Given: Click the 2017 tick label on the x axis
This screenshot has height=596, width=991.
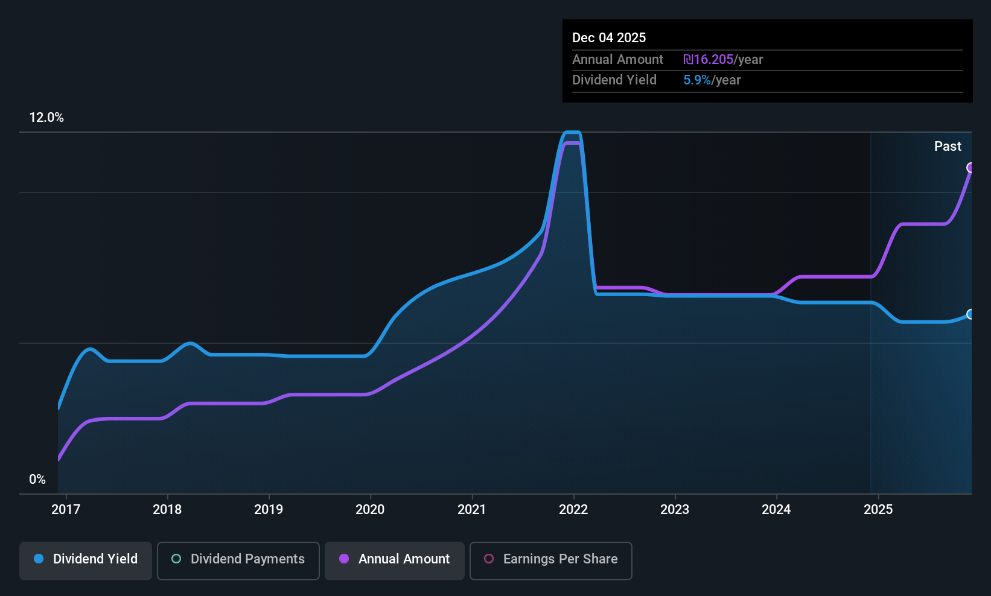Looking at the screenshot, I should pyautogui.click(x=66, y=509).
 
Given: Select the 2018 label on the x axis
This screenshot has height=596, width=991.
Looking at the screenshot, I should pyautogui.click(x=167, y=509).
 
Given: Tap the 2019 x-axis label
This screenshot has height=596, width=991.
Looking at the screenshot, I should pyautogui.click(x=269, y=509).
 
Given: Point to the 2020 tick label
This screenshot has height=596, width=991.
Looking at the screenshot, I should pyautogui.click(x=370, y=509).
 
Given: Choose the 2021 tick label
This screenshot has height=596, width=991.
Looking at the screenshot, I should pyautogui.click(x=472, y=509).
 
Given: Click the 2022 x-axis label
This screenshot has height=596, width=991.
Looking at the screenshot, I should pyautogui.click(x=573, y=509).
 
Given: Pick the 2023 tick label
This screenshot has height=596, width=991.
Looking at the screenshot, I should pyautogui.click(x=675, y=509).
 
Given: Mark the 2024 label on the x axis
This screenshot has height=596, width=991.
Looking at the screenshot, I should pyautogui.click(x=776, y=509).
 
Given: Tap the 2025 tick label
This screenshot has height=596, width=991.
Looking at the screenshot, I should pyautogui.click(x=878, y=509).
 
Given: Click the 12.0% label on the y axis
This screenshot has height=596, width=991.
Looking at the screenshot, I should pyautogui.click(x=46, y=118).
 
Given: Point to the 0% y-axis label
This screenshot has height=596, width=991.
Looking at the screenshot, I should pyautogui.click(x=37, y=480).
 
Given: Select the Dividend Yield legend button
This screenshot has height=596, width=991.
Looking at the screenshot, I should pyautogui.click(x=86, y=559).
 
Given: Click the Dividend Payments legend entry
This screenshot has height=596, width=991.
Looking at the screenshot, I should pyautogui.click(x=238, y=559).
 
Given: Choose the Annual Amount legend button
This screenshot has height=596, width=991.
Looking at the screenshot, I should pyautogui.click(x=395, y=559).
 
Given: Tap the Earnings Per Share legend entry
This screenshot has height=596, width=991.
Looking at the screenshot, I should pyautogui.click(x=550, y=559).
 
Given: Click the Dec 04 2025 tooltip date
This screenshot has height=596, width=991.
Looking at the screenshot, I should pyautogui.click(x=609, y=37).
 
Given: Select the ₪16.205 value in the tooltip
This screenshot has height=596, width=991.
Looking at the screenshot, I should pyautogui.click(x=708, y=59).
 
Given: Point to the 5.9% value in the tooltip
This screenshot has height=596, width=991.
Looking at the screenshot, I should pyautogui.click(x=697, y=80).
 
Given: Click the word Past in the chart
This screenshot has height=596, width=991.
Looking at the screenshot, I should pyautogui.click(x=948, y=146).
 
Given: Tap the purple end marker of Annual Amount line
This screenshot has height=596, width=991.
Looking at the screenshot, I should pyautogui.click(x=970, y=168).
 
